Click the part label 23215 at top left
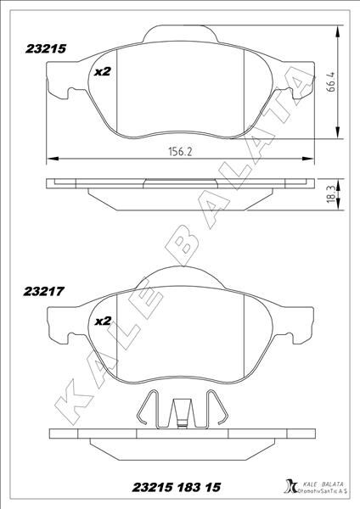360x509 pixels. tap(46, 50)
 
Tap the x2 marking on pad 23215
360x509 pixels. tap(102, 72)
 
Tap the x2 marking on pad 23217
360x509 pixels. tap(102, 321)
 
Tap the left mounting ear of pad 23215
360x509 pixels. tap(58, 83)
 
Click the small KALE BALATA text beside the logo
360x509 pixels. tap(315, 482)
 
